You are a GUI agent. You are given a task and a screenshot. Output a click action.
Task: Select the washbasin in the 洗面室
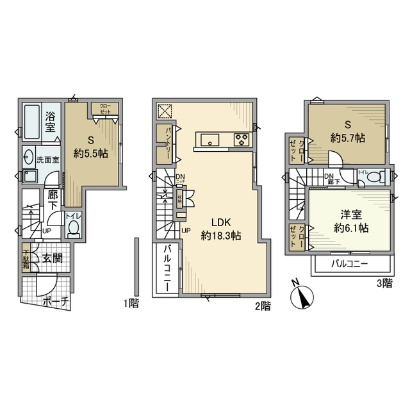[28, 156]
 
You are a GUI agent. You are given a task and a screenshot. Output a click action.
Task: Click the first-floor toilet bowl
[74, 227]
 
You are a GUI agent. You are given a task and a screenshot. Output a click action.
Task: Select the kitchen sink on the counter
[210, 139]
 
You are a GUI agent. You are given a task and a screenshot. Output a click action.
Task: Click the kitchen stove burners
[242, 139]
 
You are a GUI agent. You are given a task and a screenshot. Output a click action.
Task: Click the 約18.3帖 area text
[220, 235]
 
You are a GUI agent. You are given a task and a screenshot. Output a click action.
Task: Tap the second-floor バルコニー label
[167, 268]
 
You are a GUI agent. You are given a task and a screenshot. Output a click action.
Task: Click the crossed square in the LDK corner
[165, 111]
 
